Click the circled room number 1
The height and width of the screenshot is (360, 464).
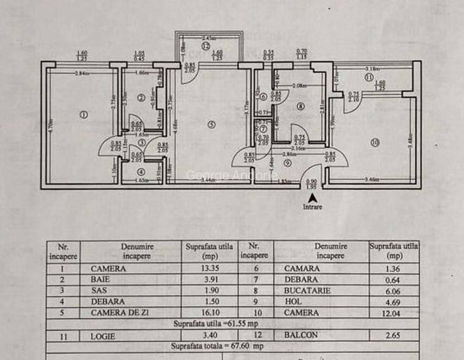pos(82,115)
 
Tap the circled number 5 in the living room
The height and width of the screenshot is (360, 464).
pos(211,124)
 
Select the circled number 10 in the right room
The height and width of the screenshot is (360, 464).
pos(375,142)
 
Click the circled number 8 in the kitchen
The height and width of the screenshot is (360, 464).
pos(301,106)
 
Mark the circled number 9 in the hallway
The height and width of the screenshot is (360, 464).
pos(288,162)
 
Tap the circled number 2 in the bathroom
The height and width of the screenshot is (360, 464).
pos(141,98)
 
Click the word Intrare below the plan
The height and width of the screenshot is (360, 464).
pos(313,207)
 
